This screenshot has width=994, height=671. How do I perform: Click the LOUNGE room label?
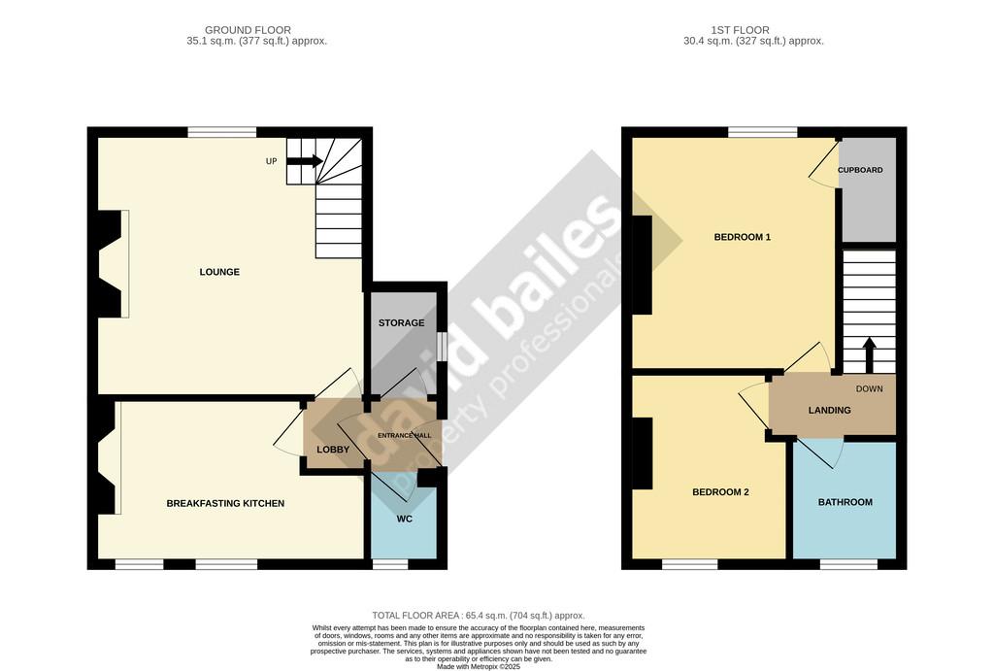click(219, 272)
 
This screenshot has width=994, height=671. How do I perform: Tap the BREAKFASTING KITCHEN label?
click(225, 504)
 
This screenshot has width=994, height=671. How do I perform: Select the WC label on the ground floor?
click(405, 519)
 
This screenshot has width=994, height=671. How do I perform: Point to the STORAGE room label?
click(401, 322)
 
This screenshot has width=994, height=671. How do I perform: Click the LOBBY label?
click(333, 450)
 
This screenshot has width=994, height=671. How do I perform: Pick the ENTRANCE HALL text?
click(405, 436)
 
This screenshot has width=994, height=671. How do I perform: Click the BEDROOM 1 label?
click(743, 237)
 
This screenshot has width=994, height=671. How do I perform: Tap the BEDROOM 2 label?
click(721, 492)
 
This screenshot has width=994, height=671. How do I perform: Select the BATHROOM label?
click(845, 502)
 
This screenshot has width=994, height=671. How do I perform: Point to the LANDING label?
click(829, 411)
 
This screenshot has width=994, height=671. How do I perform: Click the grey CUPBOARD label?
click(860, 170)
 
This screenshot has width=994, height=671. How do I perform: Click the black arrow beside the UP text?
click(304, 161)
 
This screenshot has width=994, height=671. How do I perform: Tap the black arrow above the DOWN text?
click(869, 355)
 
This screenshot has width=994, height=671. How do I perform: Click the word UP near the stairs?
click(272, 161)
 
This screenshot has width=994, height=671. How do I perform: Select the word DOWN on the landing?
click(869, 388)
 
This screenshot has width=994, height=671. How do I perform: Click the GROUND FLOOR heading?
click(248, 30)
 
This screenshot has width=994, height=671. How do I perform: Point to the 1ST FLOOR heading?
click(741, 30)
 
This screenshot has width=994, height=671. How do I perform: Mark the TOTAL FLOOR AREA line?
click(479, 616)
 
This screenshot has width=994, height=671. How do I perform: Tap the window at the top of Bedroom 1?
click(763, 132)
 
